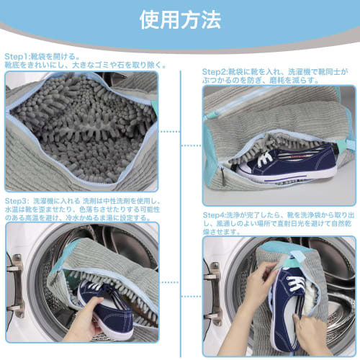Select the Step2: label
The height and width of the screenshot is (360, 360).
pyautogui.click(x=215, y=72)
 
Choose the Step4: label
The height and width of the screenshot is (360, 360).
pyautogui.click(x=215, y=215)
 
